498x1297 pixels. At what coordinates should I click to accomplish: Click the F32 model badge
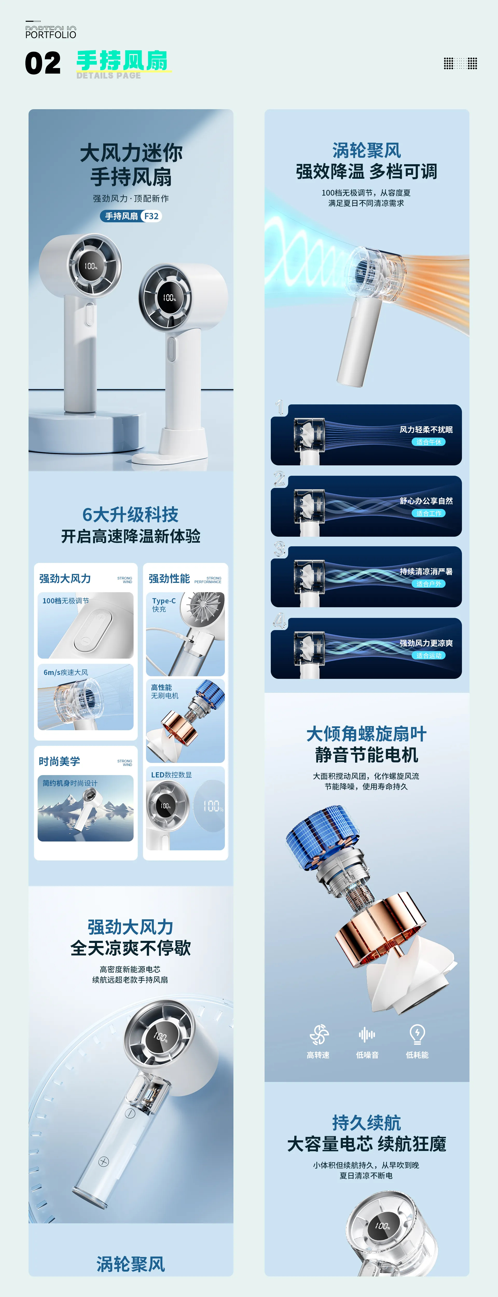tap(151, 216)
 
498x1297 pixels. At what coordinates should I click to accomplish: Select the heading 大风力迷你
tap(131, 153)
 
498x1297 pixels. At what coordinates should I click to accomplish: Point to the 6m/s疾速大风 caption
tap(65, 672)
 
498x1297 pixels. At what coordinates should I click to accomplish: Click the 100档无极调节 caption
tap(65, 601)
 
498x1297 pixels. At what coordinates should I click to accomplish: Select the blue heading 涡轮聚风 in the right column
tap(366, 150)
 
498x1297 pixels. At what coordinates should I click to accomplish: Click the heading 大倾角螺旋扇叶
tap(366, 734)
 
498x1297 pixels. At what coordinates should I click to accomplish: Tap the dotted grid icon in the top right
tap(460, 64)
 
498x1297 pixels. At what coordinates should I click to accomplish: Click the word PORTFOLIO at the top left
tap(51, 34)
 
